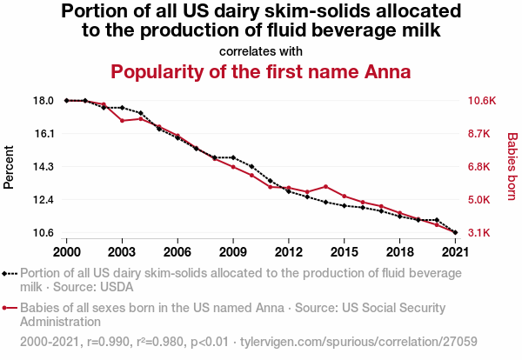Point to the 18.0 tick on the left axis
click(43, 101)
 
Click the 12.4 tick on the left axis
click(43, 200)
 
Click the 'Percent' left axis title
click(10, 167)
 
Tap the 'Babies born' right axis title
click(512, 167)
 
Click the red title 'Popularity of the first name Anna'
click(261, 70)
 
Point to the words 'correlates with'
click(261, 50)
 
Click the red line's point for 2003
click(122, 120)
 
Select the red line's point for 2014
click(325, 187)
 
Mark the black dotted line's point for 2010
click(251, 166)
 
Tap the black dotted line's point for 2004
click(141, 113)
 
